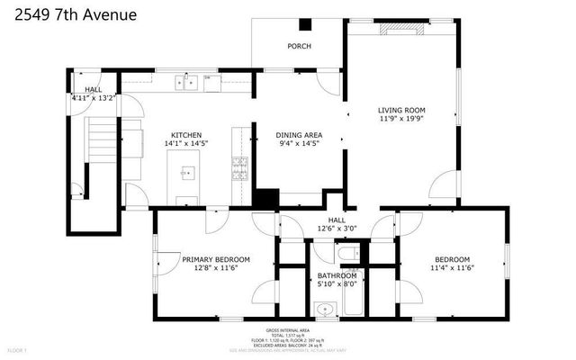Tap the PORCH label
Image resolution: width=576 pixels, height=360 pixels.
click(299, 46)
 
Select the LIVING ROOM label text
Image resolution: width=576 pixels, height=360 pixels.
click(400, 111)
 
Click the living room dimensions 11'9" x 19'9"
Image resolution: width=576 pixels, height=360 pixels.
click(400, 119)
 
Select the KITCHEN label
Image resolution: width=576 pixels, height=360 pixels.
click(186, 135)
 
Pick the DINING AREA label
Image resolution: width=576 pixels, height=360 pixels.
click(299, 135)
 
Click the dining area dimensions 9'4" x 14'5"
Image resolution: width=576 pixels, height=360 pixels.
click(299, 143)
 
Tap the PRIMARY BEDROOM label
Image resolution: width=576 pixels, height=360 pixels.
click(216, 259)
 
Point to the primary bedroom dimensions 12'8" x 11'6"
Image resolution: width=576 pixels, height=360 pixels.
click(216, 267)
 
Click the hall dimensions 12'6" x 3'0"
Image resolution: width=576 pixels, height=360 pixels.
click(337, 229)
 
